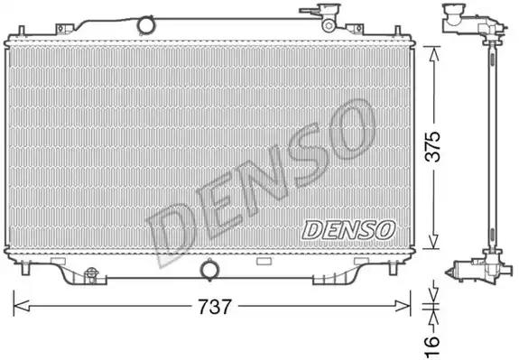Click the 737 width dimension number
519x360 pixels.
[x=214, y=307]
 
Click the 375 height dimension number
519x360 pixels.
[x=433, y=146]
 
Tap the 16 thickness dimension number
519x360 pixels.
[x=432, y=346]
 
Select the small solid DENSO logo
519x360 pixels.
[x=348, y=230]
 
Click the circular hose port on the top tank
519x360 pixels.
[x=145, y=25]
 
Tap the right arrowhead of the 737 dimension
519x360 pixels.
[x=403, y=306]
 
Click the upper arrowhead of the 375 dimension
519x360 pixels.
[x=433, y=54]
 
